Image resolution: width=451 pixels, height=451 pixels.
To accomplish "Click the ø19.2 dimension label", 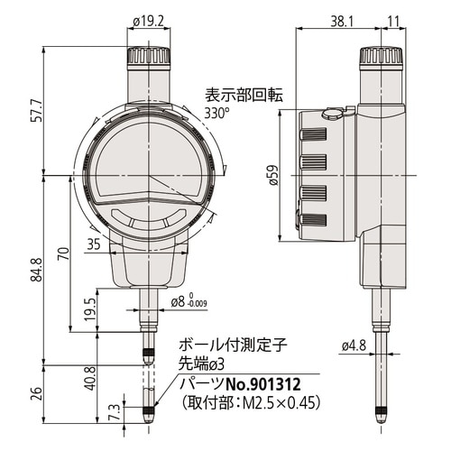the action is tap(148, 22).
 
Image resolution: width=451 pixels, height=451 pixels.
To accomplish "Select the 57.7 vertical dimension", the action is tap(39, 110).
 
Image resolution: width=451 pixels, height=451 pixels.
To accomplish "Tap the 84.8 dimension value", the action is tap(39, 270).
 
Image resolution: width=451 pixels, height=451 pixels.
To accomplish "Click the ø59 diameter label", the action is tap(274, 175).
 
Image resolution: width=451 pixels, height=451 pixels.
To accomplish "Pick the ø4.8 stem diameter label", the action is tap(354, 346).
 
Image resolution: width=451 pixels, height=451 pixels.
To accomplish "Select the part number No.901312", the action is tap(263, 384).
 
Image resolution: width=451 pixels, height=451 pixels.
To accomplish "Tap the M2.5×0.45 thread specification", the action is tap(280, 402).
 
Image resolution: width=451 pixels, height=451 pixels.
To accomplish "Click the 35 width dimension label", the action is tap(94, 244).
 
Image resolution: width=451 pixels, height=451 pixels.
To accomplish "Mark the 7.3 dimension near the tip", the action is tap(116, 412).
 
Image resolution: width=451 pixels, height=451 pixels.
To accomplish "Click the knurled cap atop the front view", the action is tap(149, 55).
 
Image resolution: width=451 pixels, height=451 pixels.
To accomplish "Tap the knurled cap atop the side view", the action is tap(382, 55).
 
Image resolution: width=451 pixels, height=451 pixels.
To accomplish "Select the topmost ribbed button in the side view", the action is tap(313, 134).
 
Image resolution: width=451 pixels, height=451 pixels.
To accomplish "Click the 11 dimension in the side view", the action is tap(394, 22).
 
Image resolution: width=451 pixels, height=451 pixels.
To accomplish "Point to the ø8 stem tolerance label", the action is tap(189, 302).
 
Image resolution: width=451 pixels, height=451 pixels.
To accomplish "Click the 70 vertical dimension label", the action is tap(64, 253).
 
